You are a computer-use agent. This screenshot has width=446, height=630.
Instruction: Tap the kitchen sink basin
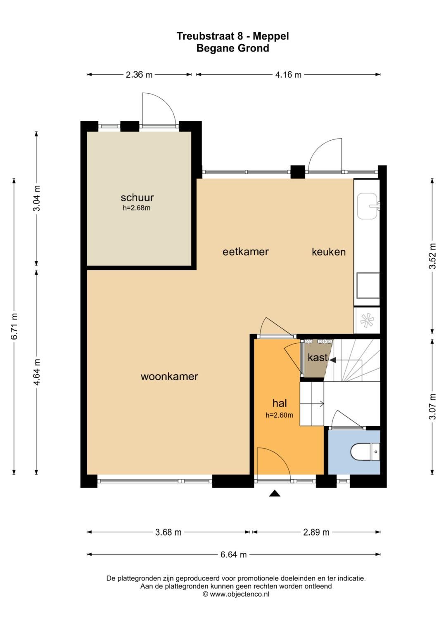367,206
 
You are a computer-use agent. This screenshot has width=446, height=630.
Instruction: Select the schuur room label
137,198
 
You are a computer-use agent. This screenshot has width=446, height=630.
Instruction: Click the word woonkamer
169,376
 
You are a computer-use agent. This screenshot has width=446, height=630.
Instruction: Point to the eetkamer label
246,251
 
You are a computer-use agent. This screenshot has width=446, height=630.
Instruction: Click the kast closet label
318,357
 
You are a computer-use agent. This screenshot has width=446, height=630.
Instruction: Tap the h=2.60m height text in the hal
279,415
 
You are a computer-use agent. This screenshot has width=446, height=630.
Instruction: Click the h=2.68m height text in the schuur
136,208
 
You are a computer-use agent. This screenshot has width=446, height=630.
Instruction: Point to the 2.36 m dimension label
139,75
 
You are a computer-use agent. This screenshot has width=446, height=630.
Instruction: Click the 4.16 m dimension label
288,75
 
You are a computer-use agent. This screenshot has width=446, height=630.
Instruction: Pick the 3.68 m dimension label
168,532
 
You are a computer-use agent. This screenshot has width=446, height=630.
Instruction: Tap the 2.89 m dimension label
316,532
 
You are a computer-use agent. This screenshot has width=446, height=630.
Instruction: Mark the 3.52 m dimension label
432,256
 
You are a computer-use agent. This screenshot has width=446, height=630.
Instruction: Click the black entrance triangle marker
275,493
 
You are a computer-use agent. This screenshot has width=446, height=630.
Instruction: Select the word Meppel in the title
271,36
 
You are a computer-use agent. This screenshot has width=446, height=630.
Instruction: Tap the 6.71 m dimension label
14,326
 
